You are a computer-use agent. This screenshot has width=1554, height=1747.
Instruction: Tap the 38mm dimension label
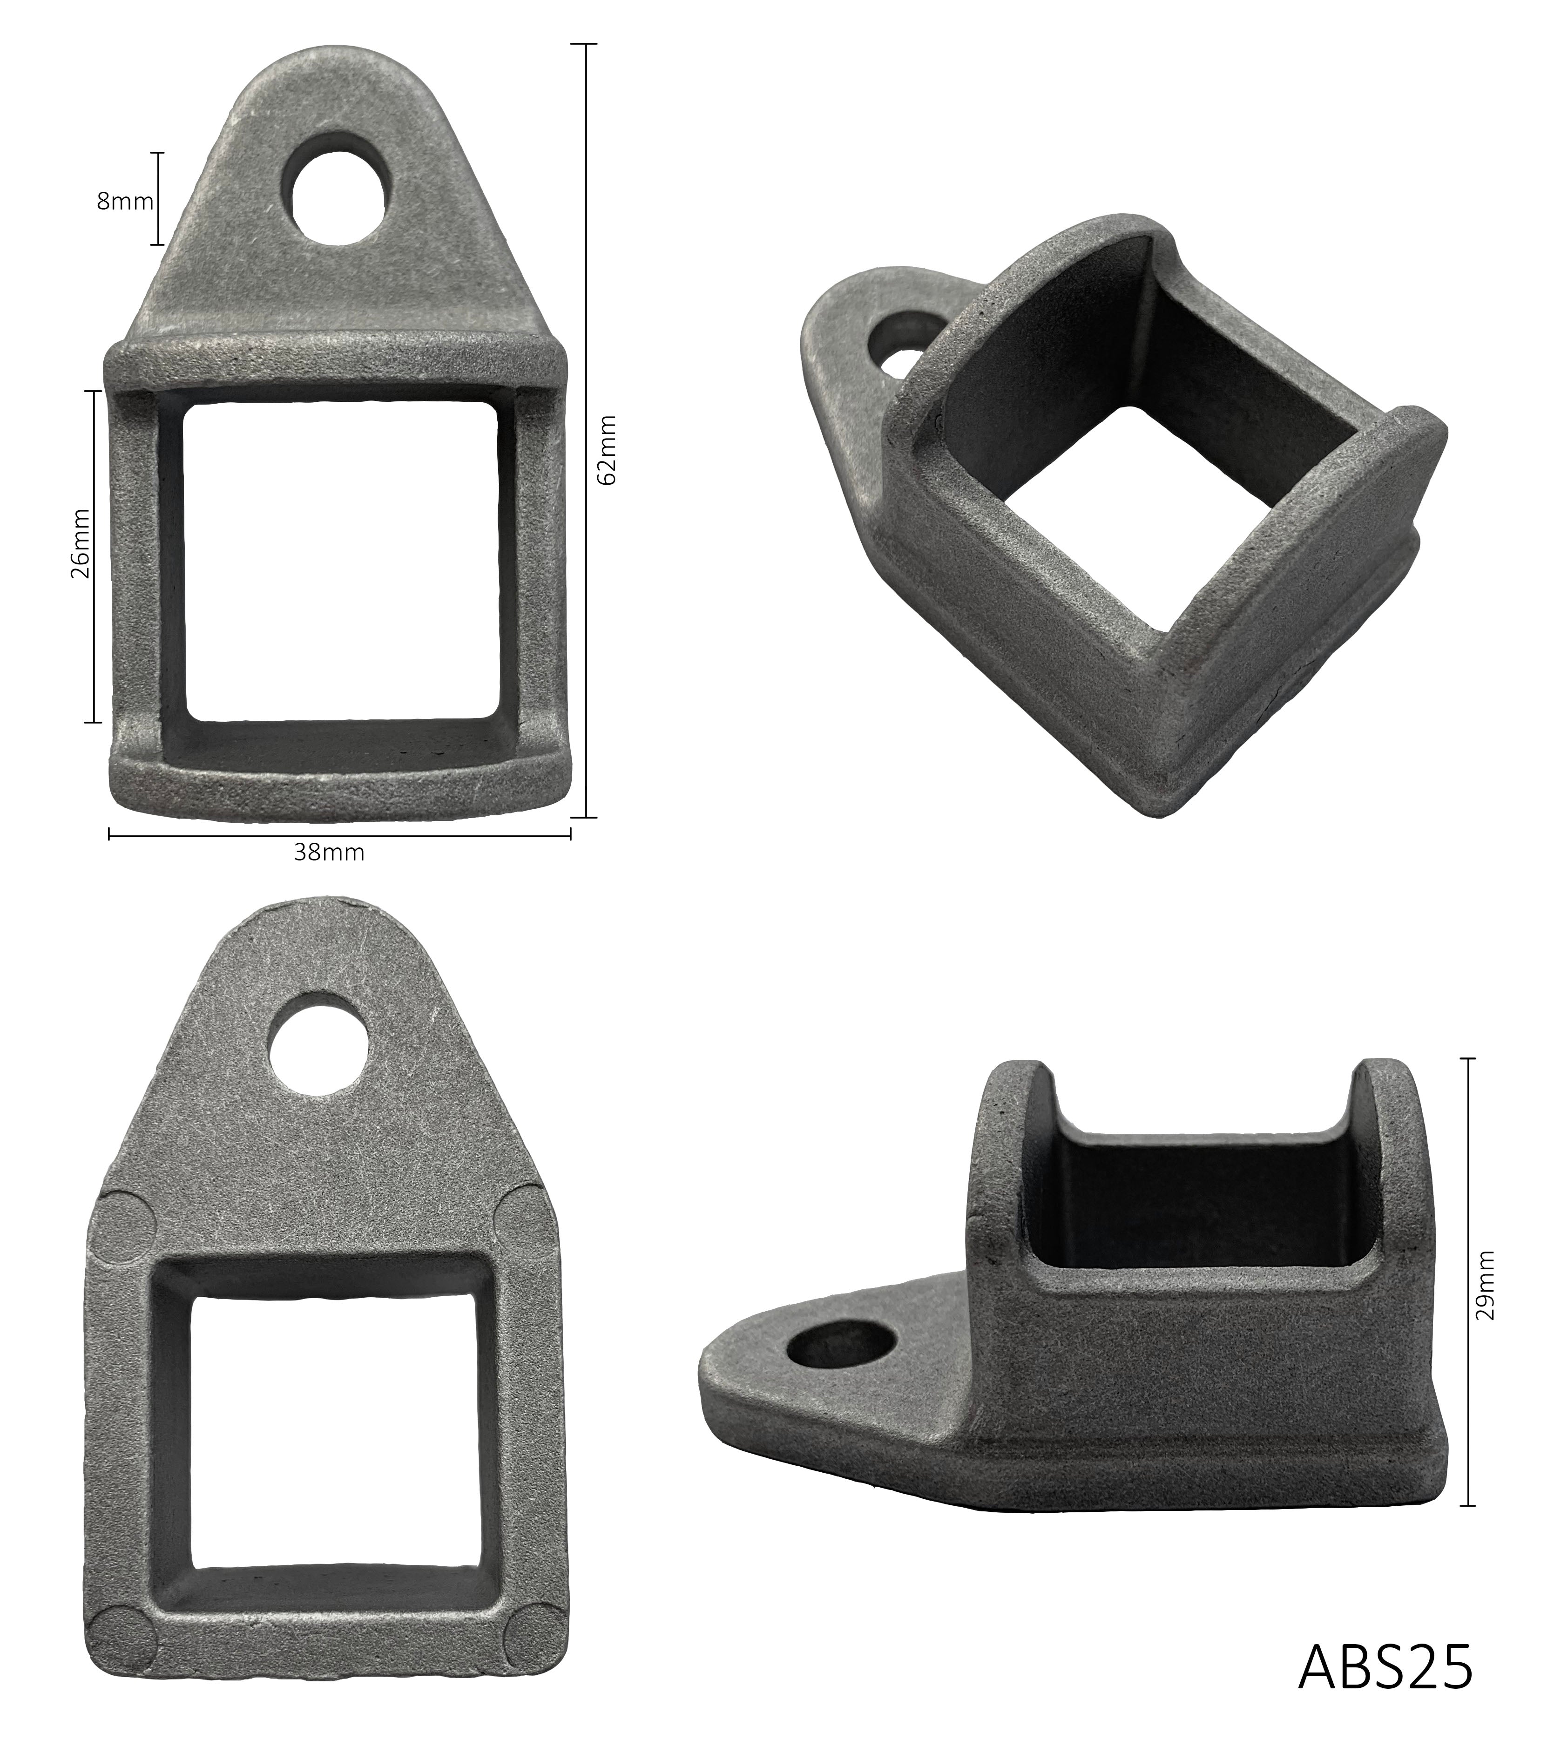pos(329,853)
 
